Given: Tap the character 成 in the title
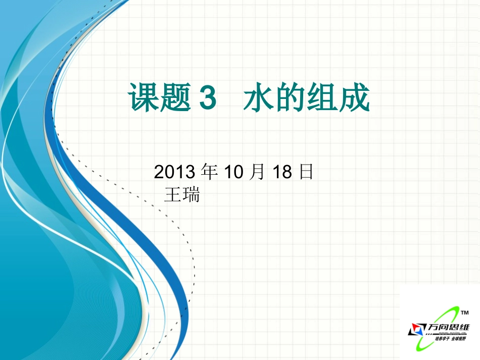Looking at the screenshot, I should tap(355, 98).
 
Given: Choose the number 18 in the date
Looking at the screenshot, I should tap(282, 173).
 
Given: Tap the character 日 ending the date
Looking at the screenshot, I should tap(306, 173).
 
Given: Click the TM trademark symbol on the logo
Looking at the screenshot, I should tap(465, 313).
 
